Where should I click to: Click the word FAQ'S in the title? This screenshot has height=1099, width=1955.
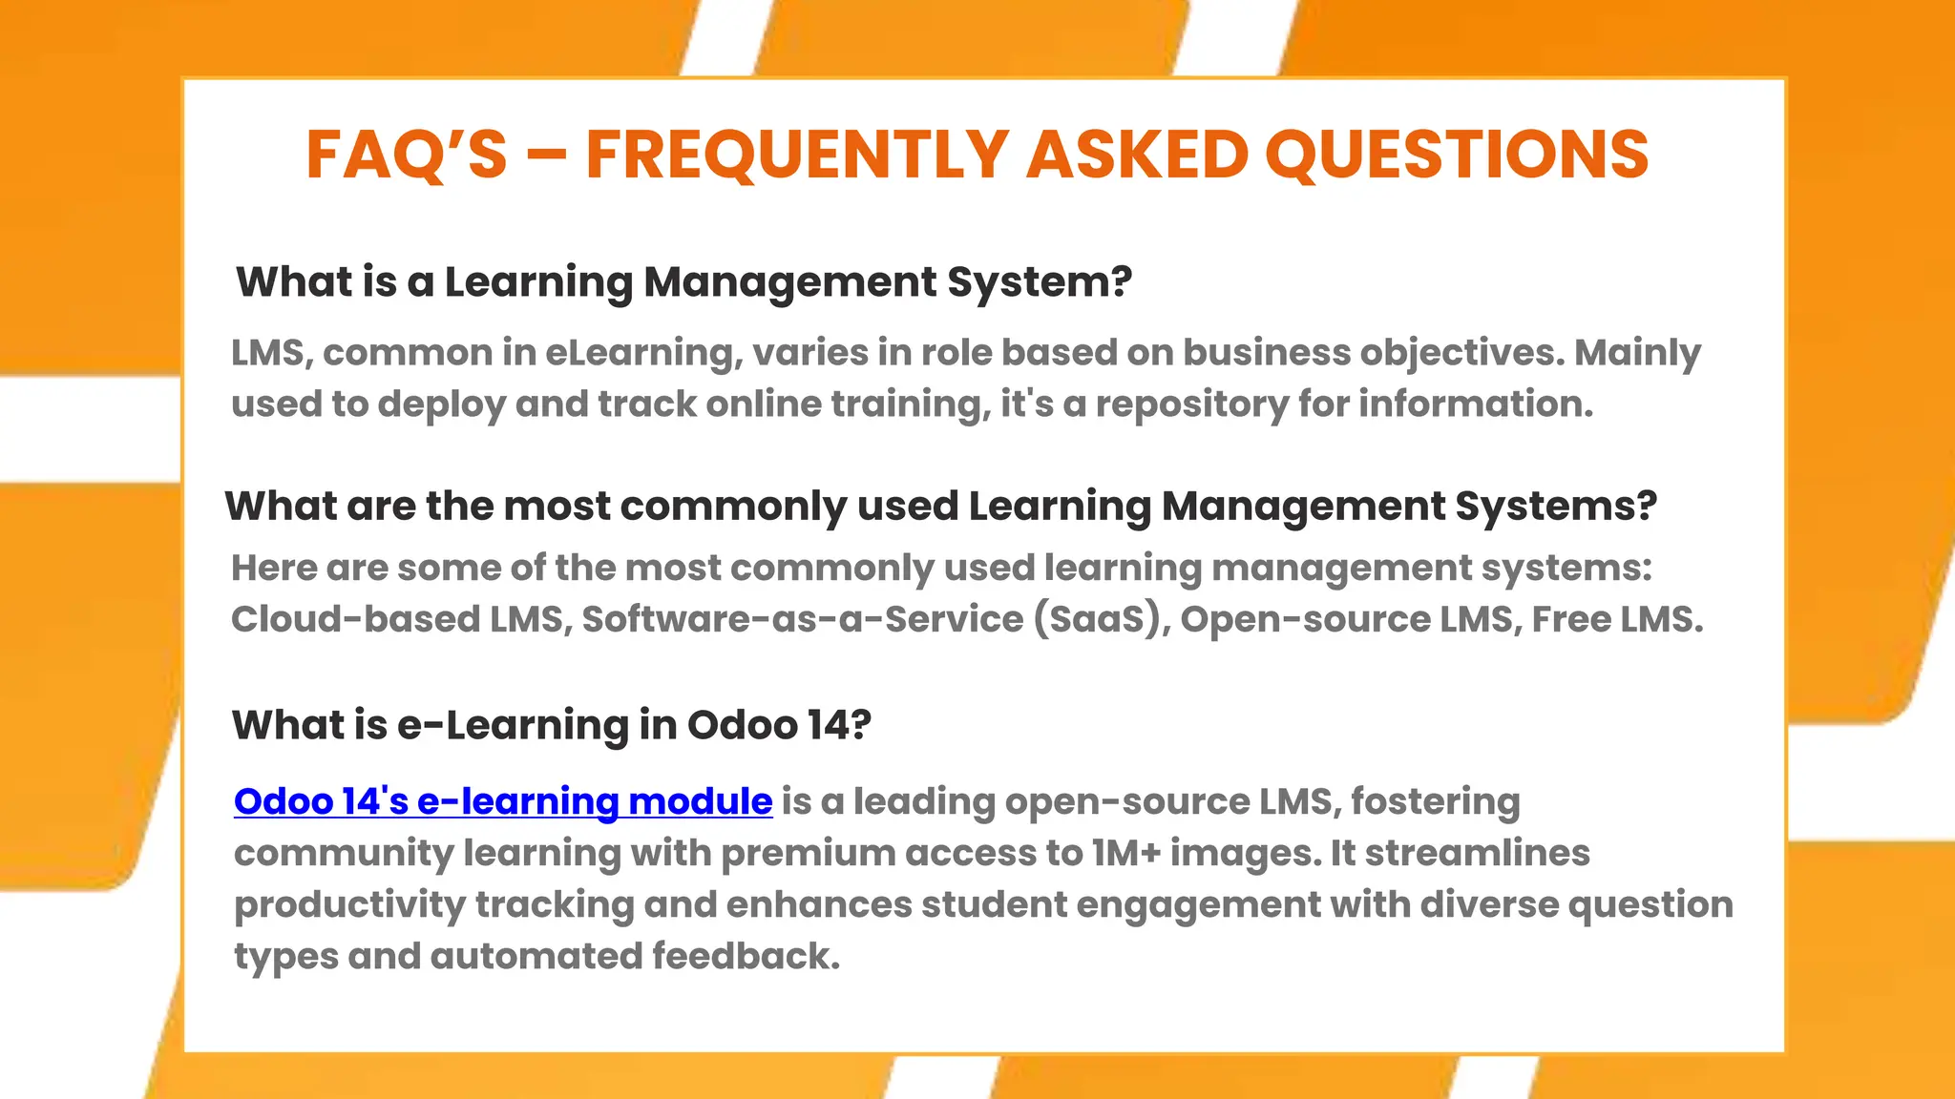pyautogui.click(x=407, y=155)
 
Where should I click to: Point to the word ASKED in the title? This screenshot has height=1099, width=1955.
pyautogui.click(x=1137, y=155)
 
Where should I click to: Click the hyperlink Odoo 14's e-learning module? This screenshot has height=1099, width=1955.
pyautogui.click(x=503, y=801)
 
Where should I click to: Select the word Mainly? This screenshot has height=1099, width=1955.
pyautogui.click(x=1637, y=353)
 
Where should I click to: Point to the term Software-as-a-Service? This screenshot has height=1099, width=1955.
pyautogui.click(x=803, y=619)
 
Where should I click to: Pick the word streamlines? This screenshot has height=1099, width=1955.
pyautogui.click(x=1478, y=853)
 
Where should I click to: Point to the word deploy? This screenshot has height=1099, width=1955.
pyautogui.click(x=441, y=404)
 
